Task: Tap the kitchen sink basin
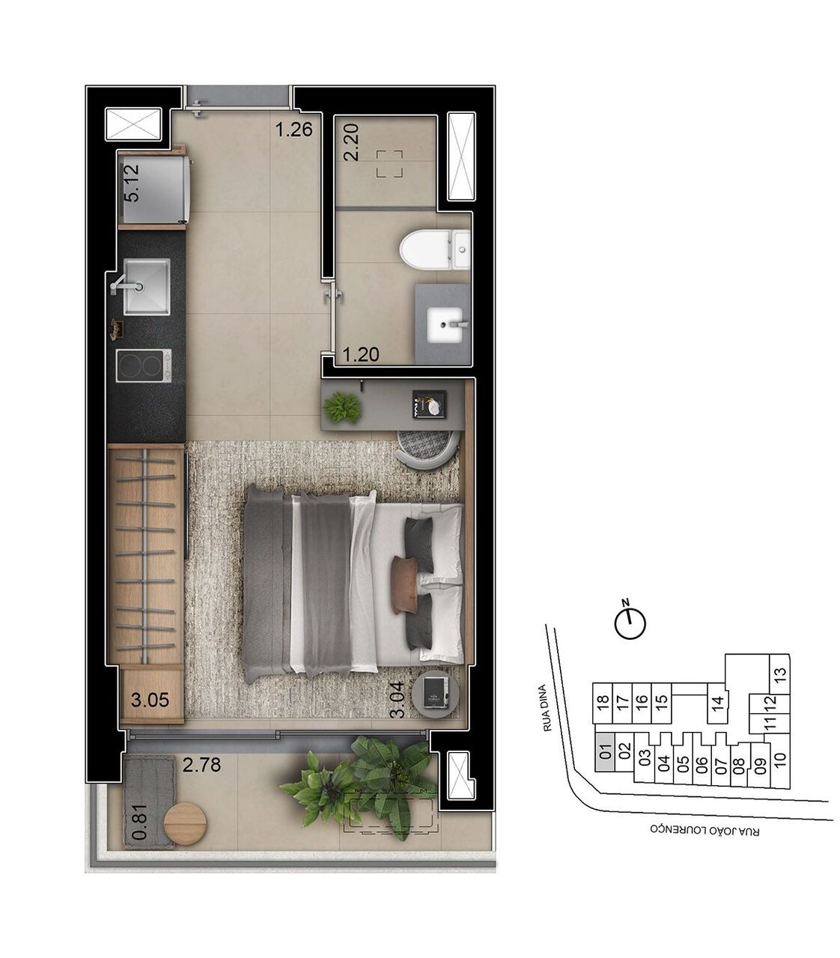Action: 147,286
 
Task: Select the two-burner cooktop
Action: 144,366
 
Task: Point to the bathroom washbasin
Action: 446,325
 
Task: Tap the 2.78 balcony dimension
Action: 202,766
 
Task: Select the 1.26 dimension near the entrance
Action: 293,130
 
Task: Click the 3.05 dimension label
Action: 150,701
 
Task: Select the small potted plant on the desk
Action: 342,408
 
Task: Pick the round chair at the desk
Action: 427,448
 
